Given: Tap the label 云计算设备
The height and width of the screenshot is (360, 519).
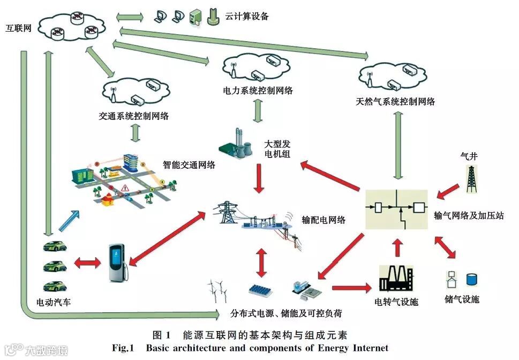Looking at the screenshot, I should [247, 17].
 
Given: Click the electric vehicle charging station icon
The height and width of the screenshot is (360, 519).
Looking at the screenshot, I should [116, 262].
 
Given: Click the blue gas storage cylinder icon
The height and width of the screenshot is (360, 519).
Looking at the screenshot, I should [472, 279].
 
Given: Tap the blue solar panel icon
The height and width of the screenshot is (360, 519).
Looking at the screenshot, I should [262, 291].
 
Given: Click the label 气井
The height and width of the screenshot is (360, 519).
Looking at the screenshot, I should [469, 156].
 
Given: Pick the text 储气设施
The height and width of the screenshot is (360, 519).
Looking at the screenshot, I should [462, 299].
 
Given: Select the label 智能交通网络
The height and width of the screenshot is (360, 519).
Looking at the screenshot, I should [189, 165].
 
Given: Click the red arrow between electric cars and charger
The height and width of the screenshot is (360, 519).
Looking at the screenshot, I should [87, 262].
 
